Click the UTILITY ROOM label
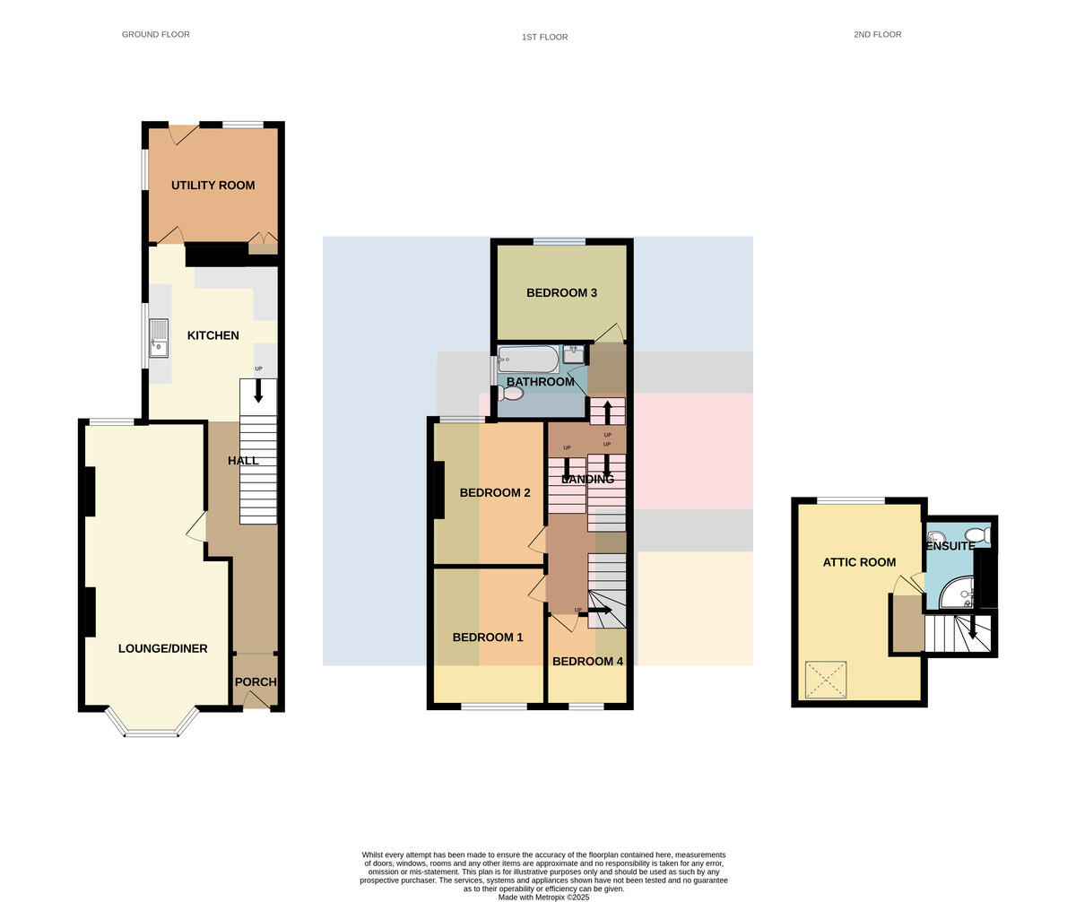point(213,186)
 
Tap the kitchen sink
point(159,338)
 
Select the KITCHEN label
point(213,335)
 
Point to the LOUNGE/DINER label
point(163,648)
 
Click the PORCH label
point(256,682)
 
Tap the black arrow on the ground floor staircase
point(259,391)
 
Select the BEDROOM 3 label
point(561,293)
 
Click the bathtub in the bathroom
point(528,359)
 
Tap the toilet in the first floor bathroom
point(511,394)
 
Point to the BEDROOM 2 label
point(495,493)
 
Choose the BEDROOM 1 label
point(488,637)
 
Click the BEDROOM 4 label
point(587,662)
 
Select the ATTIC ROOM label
point(859,562)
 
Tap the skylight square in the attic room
point(826,680)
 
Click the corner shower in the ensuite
point(959,594)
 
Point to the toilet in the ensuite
point(977,534)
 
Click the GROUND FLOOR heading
point(156,35)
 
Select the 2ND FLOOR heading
point(878,35)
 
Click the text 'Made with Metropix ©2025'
point(543,898)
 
